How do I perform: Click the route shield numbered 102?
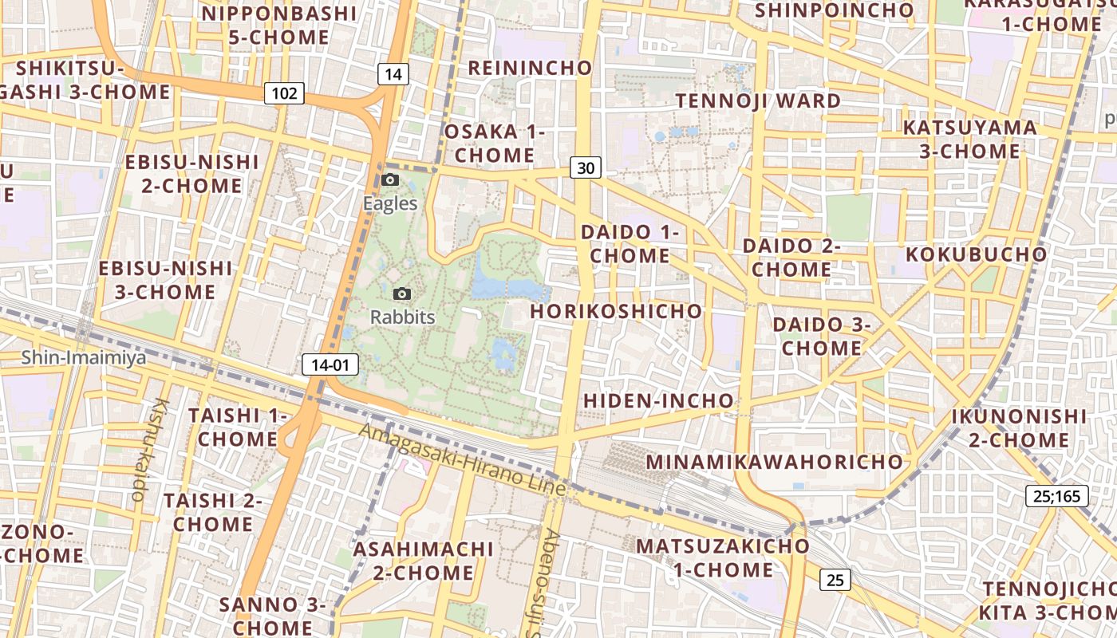(284, 93)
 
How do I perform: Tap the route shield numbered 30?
(586, 167)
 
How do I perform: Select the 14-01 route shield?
(330, 365)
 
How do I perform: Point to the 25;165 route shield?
(1057, 496)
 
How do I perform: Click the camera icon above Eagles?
(390, 179)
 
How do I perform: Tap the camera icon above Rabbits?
(403, 293)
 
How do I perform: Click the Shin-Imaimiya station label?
(84, 357)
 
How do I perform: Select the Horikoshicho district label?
(616, 311)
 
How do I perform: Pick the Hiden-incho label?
(659, 400)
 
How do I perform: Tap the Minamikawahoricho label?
(774, 462)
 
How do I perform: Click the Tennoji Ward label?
(758, 101)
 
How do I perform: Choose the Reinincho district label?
(530, 68)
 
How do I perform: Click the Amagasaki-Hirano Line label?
(462, 459)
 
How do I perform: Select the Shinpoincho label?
(834, 10)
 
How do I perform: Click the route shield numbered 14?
(393, 74)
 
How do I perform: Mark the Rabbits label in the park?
(403, 317)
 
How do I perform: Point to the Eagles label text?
(390, 203)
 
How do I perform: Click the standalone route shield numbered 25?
(835, 580)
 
